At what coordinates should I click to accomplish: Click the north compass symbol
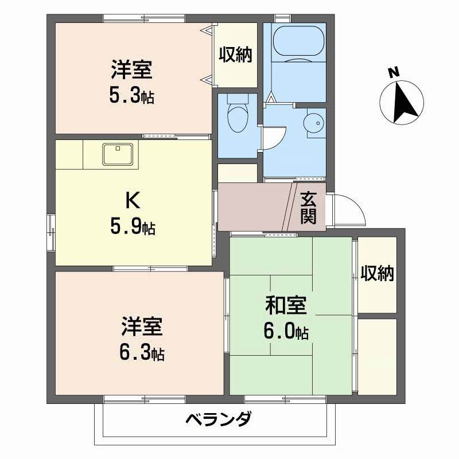coord(402,102)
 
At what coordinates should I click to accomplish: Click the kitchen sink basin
coord(119,154)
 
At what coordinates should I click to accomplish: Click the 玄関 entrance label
coord(308,207)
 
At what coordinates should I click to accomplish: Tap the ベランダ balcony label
coord(218,420)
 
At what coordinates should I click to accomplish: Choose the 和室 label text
coord(285,305)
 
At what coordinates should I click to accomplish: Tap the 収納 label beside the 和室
coord(378,274)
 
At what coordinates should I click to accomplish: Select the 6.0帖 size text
coord(287,332)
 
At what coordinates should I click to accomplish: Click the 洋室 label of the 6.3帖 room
coord(142,327)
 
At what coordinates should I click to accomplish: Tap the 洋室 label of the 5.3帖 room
coord(131,69)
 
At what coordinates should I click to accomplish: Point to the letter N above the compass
coord(393,72)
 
